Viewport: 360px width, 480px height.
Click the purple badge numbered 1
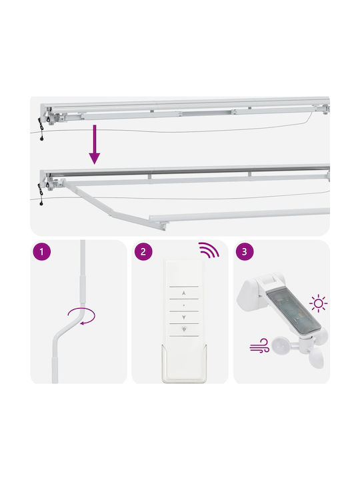point(41,251)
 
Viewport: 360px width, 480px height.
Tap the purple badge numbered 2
point(143,251)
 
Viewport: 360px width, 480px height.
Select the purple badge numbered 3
point(245,251)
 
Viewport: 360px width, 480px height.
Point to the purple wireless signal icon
point(209,250)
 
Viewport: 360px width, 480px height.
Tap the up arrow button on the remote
point(184,293)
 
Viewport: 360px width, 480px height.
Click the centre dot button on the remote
point(184,305)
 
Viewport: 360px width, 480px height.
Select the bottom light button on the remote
point(184,329)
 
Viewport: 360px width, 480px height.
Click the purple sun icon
point(319,303)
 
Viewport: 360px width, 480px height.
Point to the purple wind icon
point(259,345)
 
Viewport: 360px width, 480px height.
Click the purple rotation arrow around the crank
point(81,316)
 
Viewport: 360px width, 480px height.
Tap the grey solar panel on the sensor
point(294,311)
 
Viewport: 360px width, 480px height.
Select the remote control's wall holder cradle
point(184,364)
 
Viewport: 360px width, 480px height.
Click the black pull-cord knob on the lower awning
point(41,203)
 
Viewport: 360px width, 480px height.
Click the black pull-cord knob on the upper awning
point(41,139)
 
